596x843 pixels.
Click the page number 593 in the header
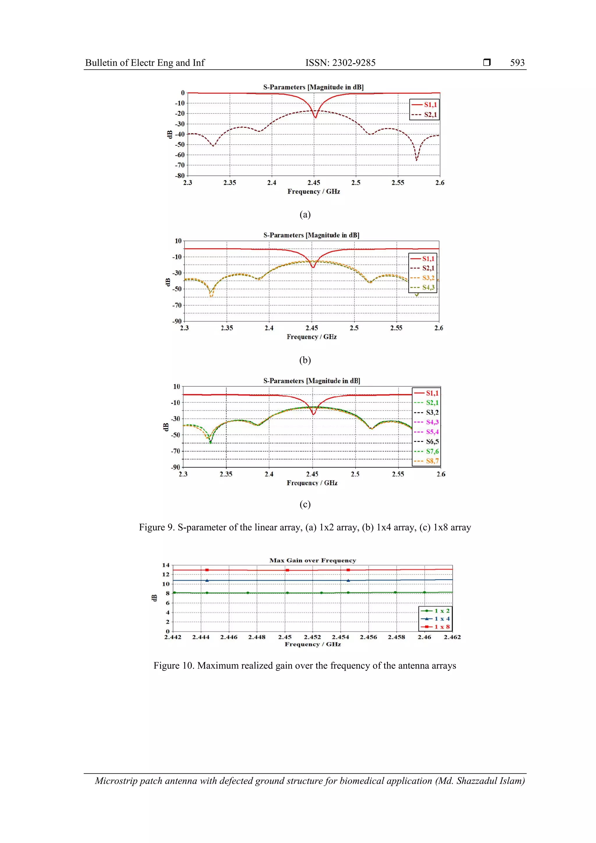517,63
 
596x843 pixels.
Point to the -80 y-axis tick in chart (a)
180,175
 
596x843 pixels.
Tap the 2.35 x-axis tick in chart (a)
230,182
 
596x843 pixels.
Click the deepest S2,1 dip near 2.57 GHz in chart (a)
416,160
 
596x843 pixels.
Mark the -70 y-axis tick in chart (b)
177,305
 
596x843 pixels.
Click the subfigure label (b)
305,360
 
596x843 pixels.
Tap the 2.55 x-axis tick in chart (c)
398,474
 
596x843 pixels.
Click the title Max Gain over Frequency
313,560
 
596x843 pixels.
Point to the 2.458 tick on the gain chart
396,637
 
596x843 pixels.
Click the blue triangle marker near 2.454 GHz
348,581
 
